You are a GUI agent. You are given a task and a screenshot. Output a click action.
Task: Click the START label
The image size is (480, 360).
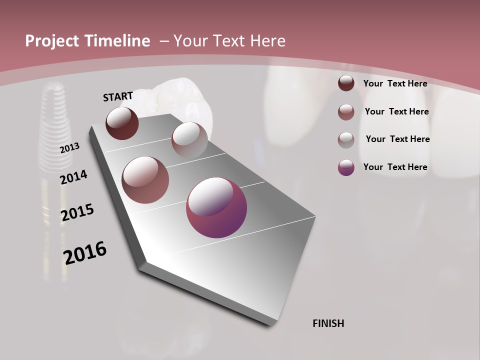pos(118,96)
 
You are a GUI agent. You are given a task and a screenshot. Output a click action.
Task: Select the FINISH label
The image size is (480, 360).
pos(328,323)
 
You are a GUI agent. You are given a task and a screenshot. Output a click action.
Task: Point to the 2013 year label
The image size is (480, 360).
pos(69,148)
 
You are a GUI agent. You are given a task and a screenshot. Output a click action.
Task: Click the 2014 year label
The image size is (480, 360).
pos(73,177)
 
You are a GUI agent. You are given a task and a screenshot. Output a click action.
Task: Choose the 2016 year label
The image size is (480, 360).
pos(85,253)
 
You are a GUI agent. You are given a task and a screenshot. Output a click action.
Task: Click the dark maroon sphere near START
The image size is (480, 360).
pos(122,123)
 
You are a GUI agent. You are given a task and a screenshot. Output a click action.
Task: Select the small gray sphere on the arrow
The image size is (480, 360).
pos(189,139)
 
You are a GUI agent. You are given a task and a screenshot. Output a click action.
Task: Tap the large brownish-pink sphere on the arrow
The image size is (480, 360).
pos(145,180)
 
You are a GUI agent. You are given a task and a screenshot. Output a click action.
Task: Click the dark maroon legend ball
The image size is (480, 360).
pos(346,83)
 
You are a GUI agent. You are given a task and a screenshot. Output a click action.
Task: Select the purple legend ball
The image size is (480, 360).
pos(346,167)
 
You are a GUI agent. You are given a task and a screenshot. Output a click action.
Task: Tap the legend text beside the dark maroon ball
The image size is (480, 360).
pos(395,83)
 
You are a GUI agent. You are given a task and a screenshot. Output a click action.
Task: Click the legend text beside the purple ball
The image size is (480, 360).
pos(395,167)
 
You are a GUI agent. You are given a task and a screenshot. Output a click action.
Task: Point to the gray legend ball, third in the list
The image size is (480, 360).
pos(346,140)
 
